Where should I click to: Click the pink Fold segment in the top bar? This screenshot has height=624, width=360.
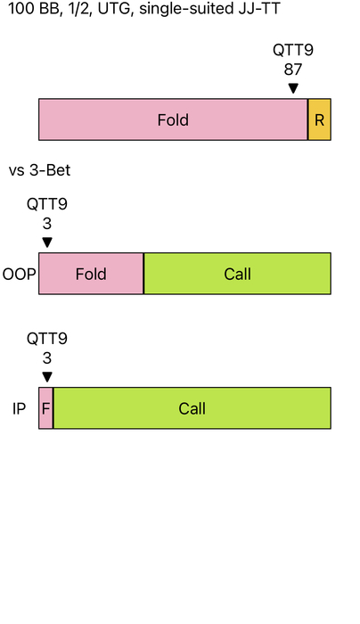click(173, 119)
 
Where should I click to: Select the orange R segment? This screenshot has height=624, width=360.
click(319, 119)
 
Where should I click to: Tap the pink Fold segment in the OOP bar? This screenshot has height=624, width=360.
click(91, 274)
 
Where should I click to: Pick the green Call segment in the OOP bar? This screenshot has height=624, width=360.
click(238, 274)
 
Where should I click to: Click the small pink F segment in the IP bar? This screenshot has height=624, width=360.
click(45, 408)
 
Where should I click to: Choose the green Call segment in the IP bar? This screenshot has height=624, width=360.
click(192, 408)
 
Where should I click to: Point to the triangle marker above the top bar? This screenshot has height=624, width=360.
click(293, 88)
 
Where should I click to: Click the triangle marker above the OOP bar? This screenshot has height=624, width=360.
click(47, 242)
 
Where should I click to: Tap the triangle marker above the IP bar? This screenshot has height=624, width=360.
click(47, 377)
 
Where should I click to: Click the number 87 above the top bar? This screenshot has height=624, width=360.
click(293, 70)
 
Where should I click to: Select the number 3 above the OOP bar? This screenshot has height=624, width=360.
click(47, 224)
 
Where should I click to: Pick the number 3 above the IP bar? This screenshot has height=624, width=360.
click(47, 358)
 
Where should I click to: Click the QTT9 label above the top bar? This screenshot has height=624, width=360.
click(293, 50)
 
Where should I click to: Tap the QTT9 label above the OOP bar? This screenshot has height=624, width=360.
click(47, 204)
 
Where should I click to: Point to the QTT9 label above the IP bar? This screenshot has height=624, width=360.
click(47, 339)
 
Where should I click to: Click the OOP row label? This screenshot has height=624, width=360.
click(19, 275)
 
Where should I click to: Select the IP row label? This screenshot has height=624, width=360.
click(19, 408)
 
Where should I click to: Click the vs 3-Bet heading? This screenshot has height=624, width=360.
click(39, 170)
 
